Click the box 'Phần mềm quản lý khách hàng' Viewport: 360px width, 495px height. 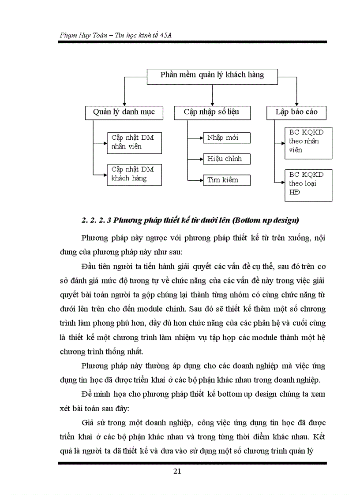pos(212,75)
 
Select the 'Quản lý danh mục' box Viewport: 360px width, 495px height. pos(124,112)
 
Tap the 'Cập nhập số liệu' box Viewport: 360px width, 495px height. pos(212,112)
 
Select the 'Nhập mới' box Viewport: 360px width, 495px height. pos(227,138)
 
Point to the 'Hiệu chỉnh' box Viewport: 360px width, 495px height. pos(227,159)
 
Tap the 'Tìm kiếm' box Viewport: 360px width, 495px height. pos(227,180)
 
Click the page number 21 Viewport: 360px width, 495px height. pos(177,471)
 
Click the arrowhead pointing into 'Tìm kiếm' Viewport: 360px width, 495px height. pos(200,180)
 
